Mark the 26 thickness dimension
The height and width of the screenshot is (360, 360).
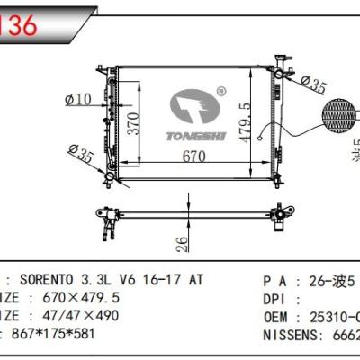click(181, 242)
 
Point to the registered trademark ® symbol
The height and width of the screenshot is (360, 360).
click(221, 92)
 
